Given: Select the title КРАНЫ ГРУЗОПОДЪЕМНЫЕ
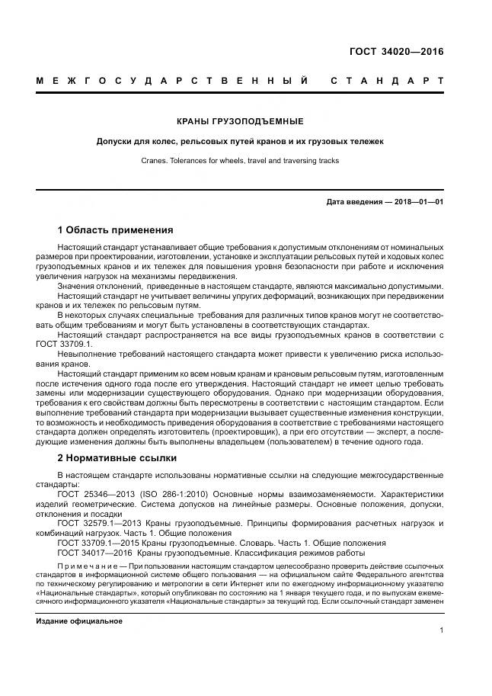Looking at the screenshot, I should click(240, 121).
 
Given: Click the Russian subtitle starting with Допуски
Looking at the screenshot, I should click(240, 141).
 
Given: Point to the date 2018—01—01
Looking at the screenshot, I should click(418, 202).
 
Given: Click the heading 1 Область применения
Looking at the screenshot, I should click(116, 229).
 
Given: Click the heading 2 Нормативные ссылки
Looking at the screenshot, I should click(117, 458).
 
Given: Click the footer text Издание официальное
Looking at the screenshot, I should click(79, 621).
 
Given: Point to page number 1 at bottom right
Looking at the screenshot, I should click(442, 630).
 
